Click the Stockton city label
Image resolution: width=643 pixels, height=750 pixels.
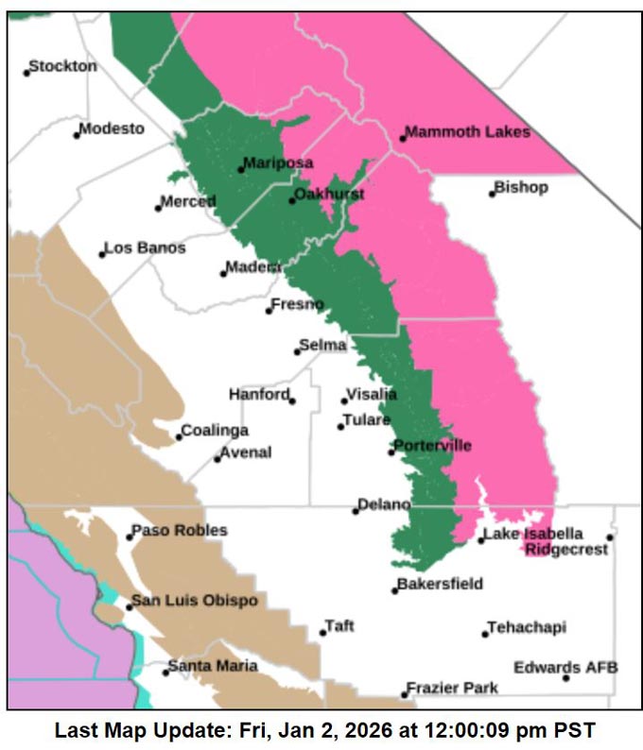coord(62,67)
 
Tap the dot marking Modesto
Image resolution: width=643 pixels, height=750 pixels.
coord(77,135)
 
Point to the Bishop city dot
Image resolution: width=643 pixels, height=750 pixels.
coord(493,194)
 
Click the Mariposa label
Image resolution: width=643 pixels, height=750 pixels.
coord(278,163)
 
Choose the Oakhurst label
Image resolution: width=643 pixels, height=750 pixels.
coord(329,195)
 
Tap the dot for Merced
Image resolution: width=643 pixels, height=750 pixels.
coord(159,208)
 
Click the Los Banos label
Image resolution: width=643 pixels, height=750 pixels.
coord(145,248)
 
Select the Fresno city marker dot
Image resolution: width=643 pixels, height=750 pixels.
coord(269,310)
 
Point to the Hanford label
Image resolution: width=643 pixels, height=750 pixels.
coord(259,395)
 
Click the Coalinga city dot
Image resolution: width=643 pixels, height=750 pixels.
coord(179,436)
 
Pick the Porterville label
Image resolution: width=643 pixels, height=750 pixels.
coord(432,446)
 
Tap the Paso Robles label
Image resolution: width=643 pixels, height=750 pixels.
coord(180,531)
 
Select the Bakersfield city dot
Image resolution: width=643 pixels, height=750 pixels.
coord(395,590)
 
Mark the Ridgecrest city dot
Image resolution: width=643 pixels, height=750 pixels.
coord(610,537)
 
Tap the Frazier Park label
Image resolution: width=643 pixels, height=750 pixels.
coord(452,689)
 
